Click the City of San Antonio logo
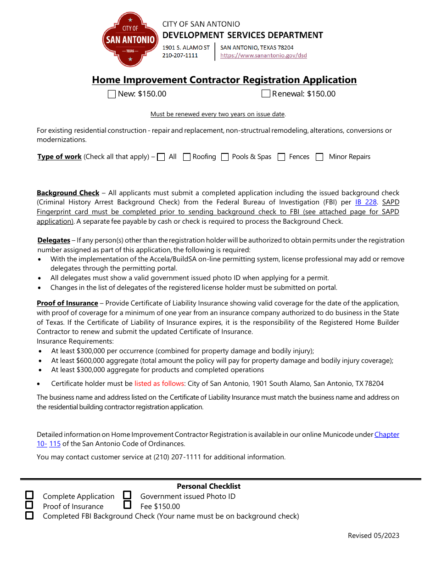(x=130, y=40)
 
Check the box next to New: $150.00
(x=112, y=94)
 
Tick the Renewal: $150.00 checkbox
(x=266, y=94)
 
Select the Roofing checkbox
(x=187, y=157)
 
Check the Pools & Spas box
(x=225, y=157)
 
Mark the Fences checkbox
(x=281, y=157)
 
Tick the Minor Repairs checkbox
(x=319, y=157)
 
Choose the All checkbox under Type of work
(x=161, y=157)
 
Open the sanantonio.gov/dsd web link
(x=263, y=56)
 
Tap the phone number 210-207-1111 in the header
(x=180, y=56)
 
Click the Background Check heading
(x=68, y=193)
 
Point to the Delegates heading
(x=54, y=240)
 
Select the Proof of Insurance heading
(x=67, y=303)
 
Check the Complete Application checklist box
(x=29, y=495)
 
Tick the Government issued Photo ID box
(x=127, y=495)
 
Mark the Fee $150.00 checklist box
(x=127, y=505)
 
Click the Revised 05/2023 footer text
(x=373, y=535)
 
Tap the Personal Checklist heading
(x=208, y=486)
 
